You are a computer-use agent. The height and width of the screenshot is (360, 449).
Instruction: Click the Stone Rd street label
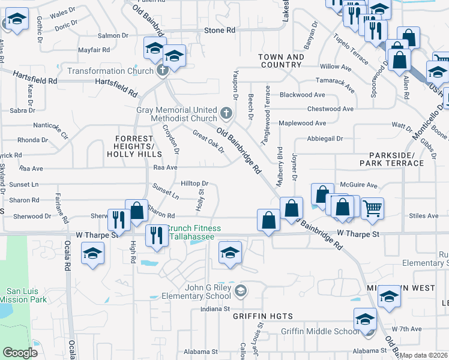219,30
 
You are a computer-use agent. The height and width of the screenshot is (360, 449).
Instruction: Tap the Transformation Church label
110,71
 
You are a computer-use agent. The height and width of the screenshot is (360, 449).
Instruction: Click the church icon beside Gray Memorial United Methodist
226,112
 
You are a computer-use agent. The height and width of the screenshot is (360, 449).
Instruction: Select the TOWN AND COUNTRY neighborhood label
281,61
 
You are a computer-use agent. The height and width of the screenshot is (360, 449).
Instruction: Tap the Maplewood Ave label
302,123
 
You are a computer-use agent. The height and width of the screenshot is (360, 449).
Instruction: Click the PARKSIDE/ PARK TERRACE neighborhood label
391,159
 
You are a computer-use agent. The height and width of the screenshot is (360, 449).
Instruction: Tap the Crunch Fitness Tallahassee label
193,232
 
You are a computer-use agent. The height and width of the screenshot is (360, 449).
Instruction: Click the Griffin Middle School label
319,331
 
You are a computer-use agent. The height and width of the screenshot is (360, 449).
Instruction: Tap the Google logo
20,353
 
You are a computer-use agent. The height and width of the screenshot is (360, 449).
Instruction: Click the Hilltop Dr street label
194,184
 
